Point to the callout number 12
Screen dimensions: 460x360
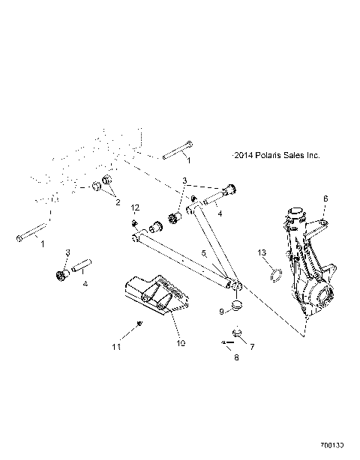pyautogui.click(x=135, y=207)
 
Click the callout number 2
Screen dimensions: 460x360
pyautogui.click(x=117, y=202)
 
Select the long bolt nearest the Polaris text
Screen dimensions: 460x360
pyautogui.click(x=175, y=152)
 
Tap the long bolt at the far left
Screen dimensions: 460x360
pyautogui.click(x=32, y=234)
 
